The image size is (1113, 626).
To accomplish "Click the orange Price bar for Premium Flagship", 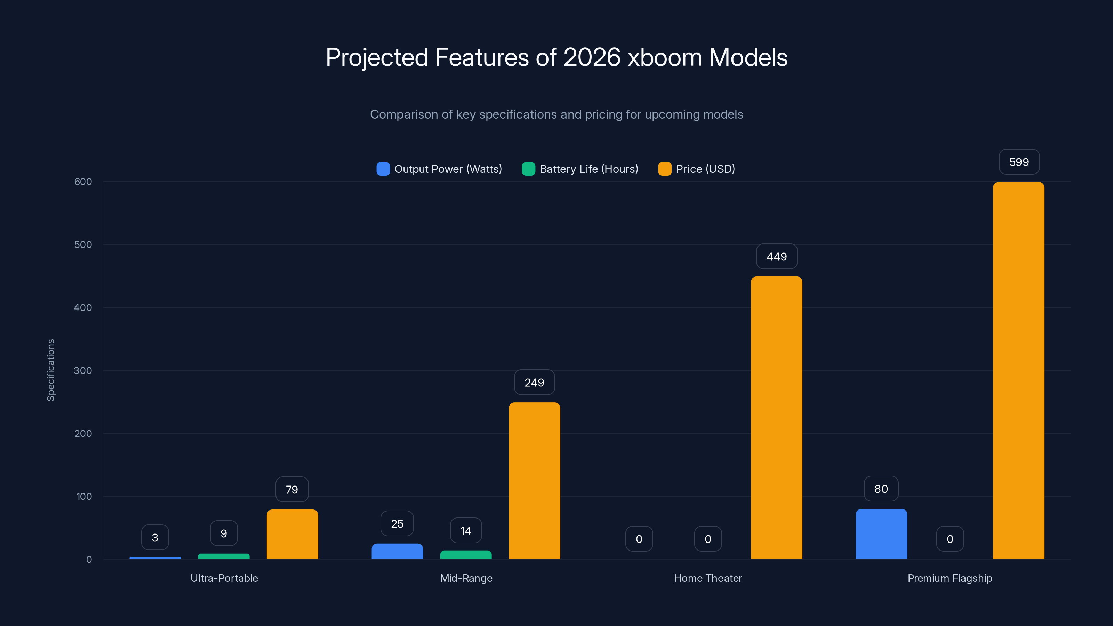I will pyautogui.click(x=1018, y=370).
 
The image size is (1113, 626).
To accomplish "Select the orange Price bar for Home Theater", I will pyautogui.click(x=776, y=417).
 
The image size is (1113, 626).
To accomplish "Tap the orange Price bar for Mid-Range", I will pyautogui.click(x=535, y=480).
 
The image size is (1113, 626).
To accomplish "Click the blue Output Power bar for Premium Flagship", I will pyautogui.click(x=881, y=534).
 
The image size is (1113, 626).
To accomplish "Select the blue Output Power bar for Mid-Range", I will pyautogui.click(x=397, y=551).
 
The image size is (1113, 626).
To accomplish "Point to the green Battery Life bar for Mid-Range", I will pyautogui.click(x=466, y=555).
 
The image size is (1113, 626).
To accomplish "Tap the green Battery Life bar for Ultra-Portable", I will pyautogui.click(x=224, y=556).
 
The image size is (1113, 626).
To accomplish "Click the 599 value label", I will pyautogui.click(x=1019, y=162).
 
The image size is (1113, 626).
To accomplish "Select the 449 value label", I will pyautogui.click(x=776, y=257).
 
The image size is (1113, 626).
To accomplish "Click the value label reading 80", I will pyautogui.click(x=881, y=489).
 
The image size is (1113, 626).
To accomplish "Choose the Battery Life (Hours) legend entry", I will pyautogui.click(x=580, y=169).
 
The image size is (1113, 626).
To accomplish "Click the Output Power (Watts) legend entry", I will pyautogui.click(x=439, y=169).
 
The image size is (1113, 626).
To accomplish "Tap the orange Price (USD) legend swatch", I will pyautogui.click(x=665, y=169).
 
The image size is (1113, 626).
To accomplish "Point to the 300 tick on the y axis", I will pyautogui.click(x=83, y=371).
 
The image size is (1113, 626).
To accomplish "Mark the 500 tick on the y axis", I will pyautogui.click(x=83, y=245).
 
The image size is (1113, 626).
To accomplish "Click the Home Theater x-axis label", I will pyautogui.click(x=708, y=578).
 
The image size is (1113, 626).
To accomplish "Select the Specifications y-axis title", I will pyautogui.click(x=51, y=370).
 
